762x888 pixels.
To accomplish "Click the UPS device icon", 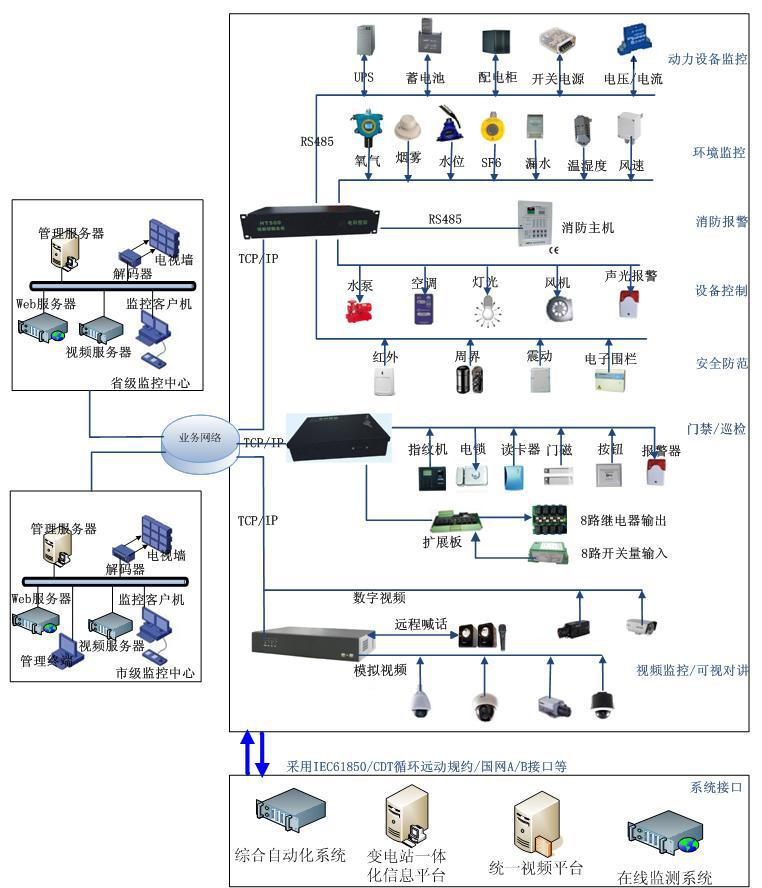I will pos(363,42).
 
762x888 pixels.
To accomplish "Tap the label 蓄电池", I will pos(426,78).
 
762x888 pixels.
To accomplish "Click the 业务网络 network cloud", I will pos(201,438).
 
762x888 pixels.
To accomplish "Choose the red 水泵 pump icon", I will pos(359,310).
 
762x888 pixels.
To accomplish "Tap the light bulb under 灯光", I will pos(486,309).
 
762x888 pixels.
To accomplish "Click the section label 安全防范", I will pos(721,364).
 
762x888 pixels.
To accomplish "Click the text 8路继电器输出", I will pos(623,521).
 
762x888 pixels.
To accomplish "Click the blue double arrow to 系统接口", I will pos(252,751).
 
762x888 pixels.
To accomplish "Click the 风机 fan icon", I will pos(558,308).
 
